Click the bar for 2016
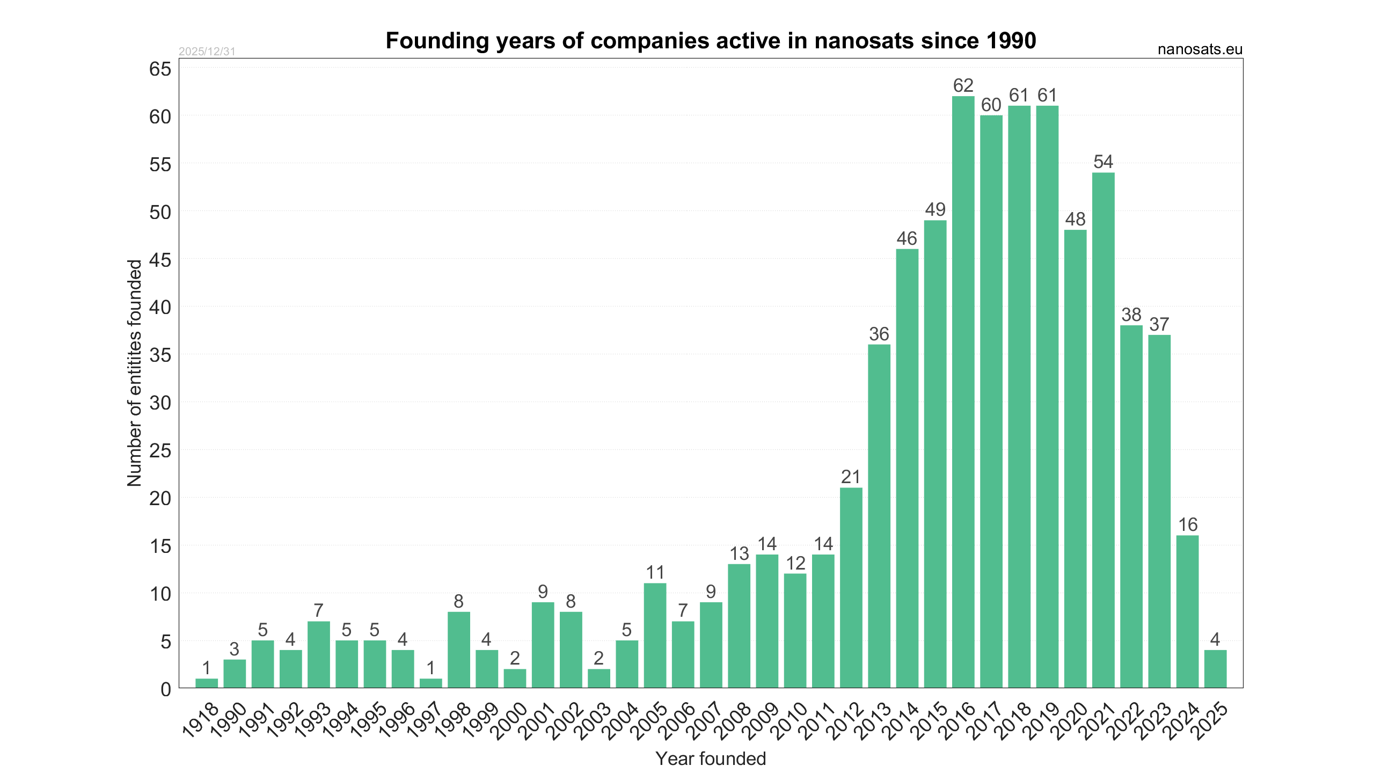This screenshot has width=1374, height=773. coord(963,392)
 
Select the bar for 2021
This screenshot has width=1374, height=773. coord(1103,429)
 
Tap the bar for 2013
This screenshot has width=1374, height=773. coord(879,515)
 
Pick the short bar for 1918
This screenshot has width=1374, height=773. coord(207,683)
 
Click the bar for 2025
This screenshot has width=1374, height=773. coord(1215,669)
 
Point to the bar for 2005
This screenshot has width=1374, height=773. coord(655,635)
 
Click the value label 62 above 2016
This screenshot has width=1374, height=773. coord(963,86)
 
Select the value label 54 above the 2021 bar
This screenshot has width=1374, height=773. coord(1103,162)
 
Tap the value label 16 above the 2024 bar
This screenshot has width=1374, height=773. coord(1187,524)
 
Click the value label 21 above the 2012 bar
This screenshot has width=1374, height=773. coord(851,477)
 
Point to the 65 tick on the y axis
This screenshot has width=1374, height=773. coord(160,69)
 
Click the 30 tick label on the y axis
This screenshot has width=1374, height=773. coord(160,403)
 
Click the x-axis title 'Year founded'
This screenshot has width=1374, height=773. coord(711,759)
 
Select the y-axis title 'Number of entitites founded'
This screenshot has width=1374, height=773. coord(134,373)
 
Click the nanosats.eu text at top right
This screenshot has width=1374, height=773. coord(1200,49)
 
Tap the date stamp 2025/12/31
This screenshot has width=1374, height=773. coord(207,52)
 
